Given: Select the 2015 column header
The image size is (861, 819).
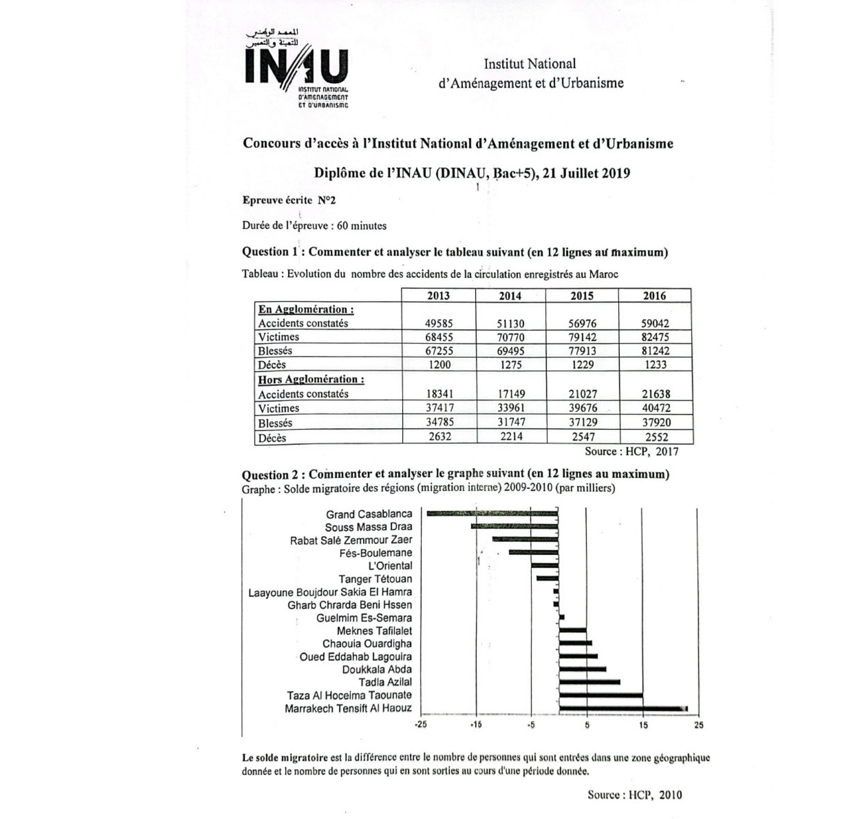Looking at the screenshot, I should point(582,295).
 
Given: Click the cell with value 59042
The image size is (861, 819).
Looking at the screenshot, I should point(655,323).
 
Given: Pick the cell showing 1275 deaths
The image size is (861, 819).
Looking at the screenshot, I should point(510,364).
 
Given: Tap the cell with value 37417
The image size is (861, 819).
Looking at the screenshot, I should point(439,408).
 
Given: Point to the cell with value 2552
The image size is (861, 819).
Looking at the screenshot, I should point(656,437).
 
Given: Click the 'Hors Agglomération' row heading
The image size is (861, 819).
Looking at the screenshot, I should point(311,380).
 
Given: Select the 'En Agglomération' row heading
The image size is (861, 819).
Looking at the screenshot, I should point(306,309).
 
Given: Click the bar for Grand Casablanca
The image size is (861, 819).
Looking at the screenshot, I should point(492,513).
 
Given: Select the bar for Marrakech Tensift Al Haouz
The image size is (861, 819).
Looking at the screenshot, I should point(623,709).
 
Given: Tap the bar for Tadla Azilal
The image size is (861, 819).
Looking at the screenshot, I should point(589,682).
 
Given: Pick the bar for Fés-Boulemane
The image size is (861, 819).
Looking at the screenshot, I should point(533,552).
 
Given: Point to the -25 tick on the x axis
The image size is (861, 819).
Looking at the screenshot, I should point(420,725).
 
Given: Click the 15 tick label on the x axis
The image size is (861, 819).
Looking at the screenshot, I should point(643,725).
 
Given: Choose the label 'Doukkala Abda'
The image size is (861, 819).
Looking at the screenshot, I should point(376,669).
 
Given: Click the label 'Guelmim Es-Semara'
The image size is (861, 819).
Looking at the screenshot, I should point(364,618).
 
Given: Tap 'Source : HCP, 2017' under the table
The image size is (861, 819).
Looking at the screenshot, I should point(631,451).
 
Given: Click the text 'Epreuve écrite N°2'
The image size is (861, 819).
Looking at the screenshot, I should point(289,200).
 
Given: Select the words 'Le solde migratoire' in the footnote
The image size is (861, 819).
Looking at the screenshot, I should point(284,758).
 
